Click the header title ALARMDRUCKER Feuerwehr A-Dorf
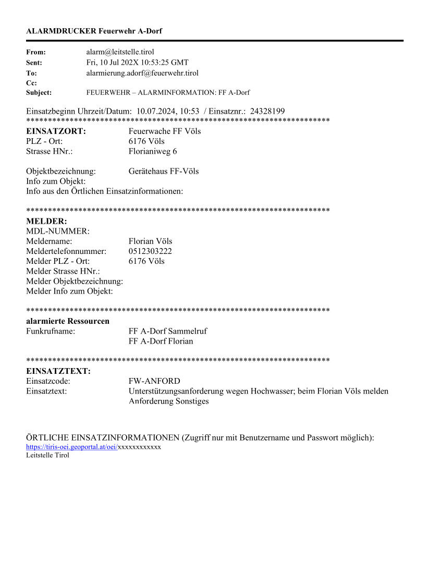point(94,31)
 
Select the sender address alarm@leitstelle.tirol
point(120,52)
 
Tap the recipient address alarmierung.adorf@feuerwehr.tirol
point(142,73)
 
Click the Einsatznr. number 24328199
point(267,111)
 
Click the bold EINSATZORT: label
point(56,131)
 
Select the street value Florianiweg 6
point(153,151)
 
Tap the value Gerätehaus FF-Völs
point(164,171)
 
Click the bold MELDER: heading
point(46,221)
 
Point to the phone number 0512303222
point(150,251)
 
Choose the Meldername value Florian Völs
point(150,241)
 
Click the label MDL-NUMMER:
point(58,231)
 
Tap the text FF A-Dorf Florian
point(161,341)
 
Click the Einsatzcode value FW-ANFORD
point(154,381)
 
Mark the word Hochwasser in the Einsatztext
point(273,391)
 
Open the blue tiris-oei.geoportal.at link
point(72,447)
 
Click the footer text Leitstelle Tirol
point(47,455)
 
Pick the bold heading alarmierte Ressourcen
point(68,321)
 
